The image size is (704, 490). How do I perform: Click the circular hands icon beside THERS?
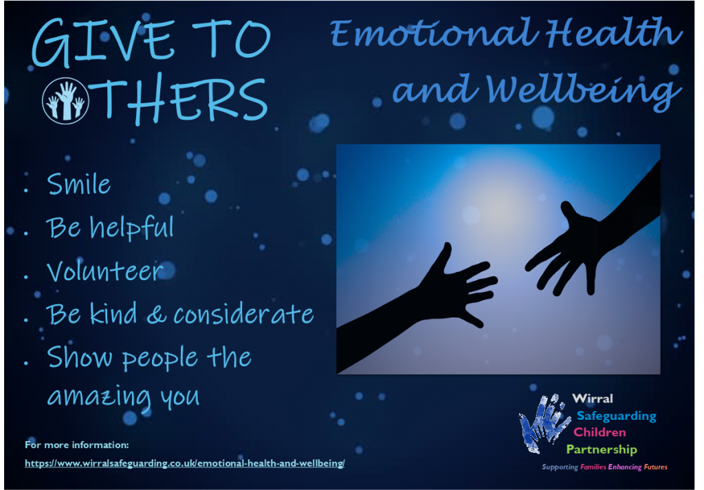pyautogui.click(x=65, y=100)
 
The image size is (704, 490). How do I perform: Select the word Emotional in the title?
pyautogui.click(x=434, y=33)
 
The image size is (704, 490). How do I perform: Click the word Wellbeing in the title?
pyautogui.click(x=583, y=90)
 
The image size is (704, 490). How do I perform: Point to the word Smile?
pyautogui.click(x=79, y=184)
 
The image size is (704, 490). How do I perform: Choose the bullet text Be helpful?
pyautogui.click(x=110, y=228)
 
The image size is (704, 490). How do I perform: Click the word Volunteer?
pyautogui.click(x=105, y=271)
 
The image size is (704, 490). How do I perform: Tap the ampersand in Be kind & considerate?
pyautogui.click(x=156, y=315)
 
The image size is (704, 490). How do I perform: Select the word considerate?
pyautogui.click(x=244, y=313)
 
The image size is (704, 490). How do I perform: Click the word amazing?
pyautogui.click(x=99, y=397)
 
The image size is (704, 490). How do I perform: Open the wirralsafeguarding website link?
pyautogui.click(x=184, y=463)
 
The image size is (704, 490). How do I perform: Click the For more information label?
pyautogui.click(x=77, y=445)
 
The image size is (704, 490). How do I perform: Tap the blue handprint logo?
pyautogui.click(x=543, y=423)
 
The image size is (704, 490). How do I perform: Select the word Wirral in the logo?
pyautogui.click(x=593, y=398)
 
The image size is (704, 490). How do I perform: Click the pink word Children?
pyautogui.click(x=599, y=432)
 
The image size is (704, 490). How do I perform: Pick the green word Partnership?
pyautogui.click(x=602, y=449)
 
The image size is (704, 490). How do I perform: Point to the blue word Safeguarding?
pyautogui.click(x=617, y=416)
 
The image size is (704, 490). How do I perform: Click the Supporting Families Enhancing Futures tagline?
pyautogui.click(x=604, y=467)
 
